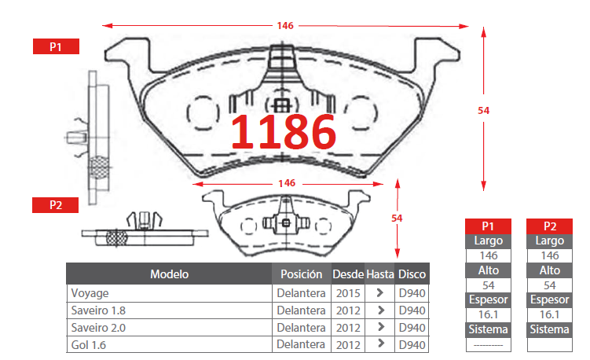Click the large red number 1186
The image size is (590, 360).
(284, 131)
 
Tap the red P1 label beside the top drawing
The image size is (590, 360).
(56, 46)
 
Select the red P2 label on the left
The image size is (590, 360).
(55, 205)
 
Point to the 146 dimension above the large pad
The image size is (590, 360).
(285, 26)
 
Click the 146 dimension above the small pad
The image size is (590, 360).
(287, 183)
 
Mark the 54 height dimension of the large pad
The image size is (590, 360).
(483, 110)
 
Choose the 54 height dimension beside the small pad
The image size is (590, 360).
(397, 218)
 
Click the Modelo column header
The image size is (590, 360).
(170, 274)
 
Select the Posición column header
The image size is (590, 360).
(302, 274)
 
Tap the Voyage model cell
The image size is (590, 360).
(90, 293)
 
